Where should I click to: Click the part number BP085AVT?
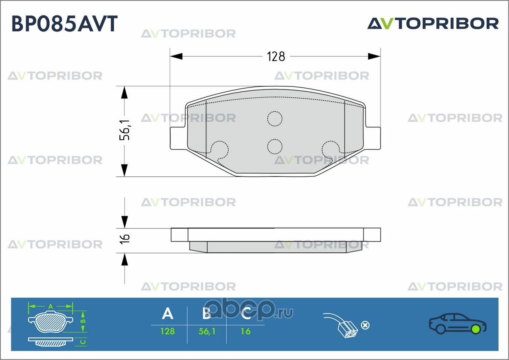pyautogui.click(x=64, y=24)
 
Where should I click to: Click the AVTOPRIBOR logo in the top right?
pyautogui.click(x=433, y=23)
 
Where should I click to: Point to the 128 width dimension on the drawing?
pyautogui.click(x=276, y=56)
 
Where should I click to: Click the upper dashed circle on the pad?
pyautogui.click(x=274, y=118)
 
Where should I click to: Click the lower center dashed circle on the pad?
pyautogui.click(x=274, y=146)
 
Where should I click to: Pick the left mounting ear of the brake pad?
pyautogui.click(x=177, y=138)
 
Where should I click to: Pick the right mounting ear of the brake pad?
pyautogui.click(x=372, y=138)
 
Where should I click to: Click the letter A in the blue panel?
pyautogui.click(x=167, y=314)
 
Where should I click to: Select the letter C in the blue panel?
pyautogui.click(x=246, y=314)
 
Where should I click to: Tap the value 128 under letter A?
pyautogui.click(x=167, y=331)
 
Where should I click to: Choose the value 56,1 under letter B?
pyautogui.click(x=207, y=331)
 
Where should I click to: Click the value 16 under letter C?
pyautogui.click(x=246, y=331)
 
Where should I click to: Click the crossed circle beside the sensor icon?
pyautogui.click(x=365, y=325)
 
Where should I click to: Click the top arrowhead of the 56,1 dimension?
pyautogui.click(x=125, y=93)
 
